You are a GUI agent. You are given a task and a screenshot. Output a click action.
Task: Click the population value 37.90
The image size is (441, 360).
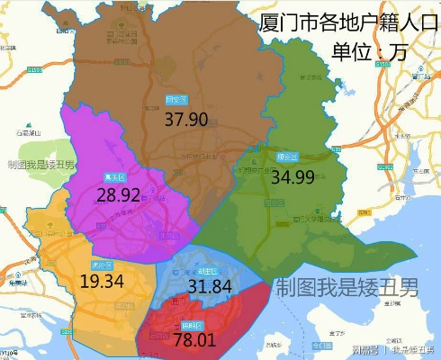click(x=186, y=120)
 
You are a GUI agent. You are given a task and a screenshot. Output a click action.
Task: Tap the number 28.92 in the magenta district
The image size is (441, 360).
click(x=119, y=194)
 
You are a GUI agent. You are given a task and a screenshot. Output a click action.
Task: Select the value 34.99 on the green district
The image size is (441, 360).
click(x=292, y=177)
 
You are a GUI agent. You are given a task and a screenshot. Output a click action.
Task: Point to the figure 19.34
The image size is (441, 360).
click(x=102, y=282)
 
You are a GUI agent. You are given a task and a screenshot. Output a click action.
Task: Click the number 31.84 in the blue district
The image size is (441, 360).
click(x=211, y=287)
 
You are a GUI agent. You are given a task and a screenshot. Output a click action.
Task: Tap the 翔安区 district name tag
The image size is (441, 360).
click(x=287, y=157)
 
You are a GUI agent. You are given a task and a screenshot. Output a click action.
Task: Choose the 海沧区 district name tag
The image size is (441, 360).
click(x=102, y=265)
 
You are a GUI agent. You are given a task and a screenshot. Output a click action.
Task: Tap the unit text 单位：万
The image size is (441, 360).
click(x=369, y=51)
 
